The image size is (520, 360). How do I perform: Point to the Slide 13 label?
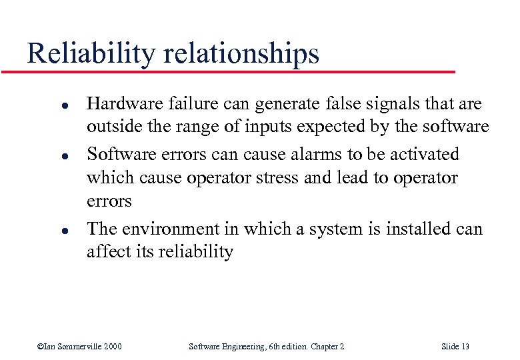point(455,347)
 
